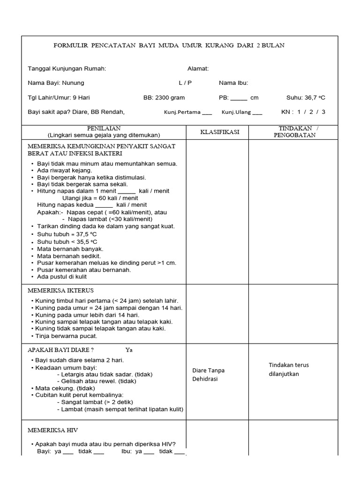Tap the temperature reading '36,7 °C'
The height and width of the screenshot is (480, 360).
pyautogui.click(x=314, y=98)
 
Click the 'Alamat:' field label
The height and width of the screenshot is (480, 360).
pyautogui.click(x=198, y=68)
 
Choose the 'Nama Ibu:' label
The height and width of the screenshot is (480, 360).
pyautogui.click(x=233, y=83)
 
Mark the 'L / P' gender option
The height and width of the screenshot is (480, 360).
pyautogui.click(x=185, y=83)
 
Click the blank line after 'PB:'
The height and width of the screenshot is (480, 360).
pyautogui.click(x=239, y=98)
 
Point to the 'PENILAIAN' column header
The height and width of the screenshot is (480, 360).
pyautogui.click(x=104, y=128)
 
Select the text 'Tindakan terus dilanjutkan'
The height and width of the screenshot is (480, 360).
pyautogui.click(x=289, y=369)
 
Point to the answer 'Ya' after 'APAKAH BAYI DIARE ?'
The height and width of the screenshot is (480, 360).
pyautogui.click(x=129, y=350)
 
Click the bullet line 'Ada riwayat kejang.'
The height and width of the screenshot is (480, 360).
pyautogui.click(x=64, y=171)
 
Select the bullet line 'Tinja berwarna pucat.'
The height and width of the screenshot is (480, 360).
pyautogui.click(x=66, y=336)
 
